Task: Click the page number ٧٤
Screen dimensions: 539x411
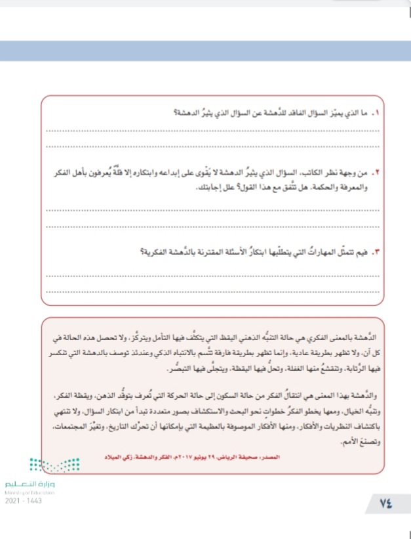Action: [x=384, y=504]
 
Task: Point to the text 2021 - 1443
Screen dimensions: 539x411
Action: [x=18, y=499]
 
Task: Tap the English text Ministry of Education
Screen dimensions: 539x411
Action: [x=29, y=492]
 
